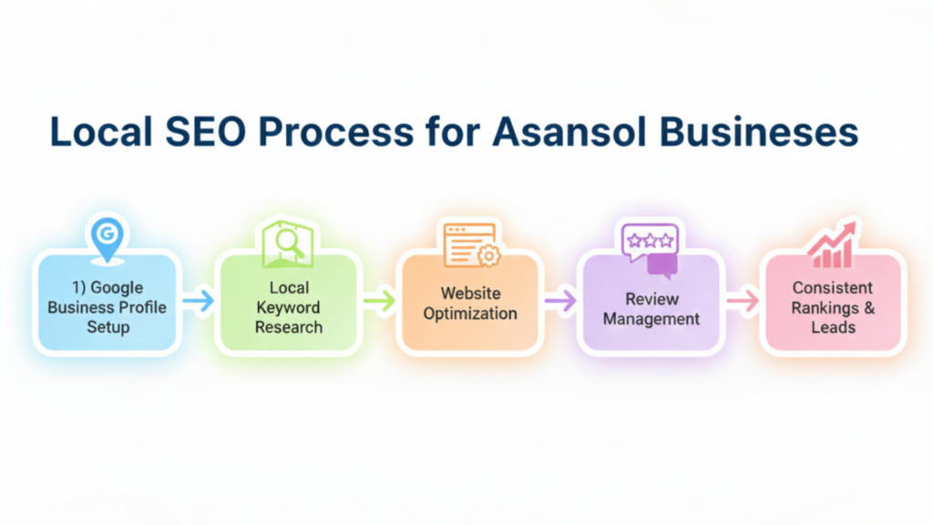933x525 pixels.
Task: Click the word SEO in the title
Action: tap(216, 131)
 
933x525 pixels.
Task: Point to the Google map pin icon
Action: tap(107, 235)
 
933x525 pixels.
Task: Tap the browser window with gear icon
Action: tap(471, 244)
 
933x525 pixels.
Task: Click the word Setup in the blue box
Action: tap(108, 326)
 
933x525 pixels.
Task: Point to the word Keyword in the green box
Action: tap(288, 307)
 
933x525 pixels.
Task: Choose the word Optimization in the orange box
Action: tap(471, 314)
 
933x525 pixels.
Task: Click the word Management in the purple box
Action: tap(651, 319)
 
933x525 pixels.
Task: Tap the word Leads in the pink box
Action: tap(834, 326)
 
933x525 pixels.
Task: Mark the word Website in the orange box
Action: tap(471, 293)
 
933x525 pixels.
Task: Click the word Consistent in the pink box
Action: tap(834, 288)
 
